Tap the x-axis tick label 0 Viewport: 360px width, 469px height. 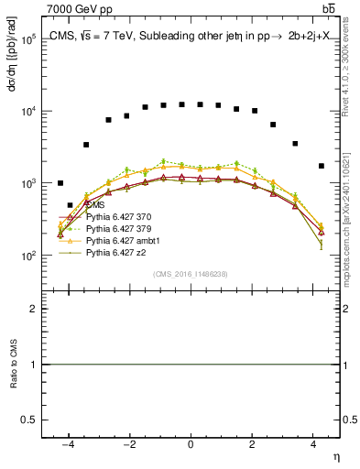tap(190, 444)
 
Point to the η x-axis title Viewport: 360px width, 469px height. tap(335, 456)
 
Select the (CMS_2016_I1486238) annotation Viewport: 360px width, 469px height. tap(191, 274)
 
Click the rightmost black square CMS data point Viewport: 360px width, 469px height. tap(321, 166)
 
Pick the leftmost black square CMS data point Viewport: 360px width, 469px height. tap(60, 183)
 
